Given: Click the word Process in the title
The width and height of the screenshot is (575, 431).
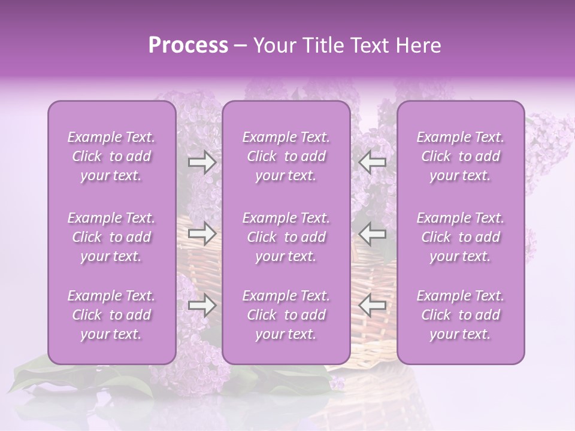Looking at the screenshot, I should [x=188, y=45].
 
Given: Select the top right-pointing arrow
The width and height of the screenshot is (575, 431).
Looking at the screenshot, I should [x=202, y=162].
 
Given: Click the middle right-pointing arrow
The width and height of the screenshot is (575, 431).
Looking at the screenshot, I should [x=202, y=234].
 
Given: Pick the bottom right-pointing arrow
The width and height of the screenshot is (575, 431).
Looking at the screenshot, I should [x=202, y=306].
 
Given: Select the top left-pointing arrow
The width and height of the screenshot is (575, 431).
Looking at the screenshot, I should [x=373, y=162].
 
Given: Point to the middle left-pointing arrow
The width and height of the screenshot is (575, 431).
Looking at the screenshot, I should [x=373, y=234].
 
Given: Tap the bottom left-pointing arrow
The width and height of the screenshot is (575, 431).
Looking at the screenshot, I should [x=373, y=306].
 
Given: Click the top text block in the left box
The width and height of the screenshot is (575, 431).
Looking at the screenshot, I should [x=111, y=157].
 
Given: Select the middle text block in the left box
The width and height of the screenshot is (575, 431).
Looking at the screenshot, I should [x=111, y=237].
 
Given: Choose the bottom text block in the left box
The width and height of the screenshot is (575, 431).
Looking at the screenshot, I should [x=111, y=315].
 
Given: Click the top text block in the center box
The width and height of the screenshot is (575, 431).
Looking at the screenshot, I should [x=286, y=157].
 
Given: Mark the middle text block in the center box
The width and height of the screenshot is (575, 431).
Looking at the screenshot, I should [x=286, y=237].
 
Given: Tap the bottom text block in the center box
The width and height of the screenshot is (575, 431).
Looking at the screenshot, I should [x=286, y=315].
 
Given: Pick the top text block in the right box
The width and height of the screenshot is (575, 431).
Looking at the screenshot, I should [x=461, y=157].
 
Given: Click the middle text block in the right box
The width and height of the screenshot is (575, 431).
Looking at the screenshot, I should [x=461, y=237].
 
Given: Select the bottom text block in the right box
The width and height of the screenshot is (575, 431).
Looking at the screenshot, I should [x=461, y=315].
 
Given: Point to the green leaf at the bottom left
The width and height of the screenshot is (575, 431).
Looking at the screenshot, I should [x=36, y=377].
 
